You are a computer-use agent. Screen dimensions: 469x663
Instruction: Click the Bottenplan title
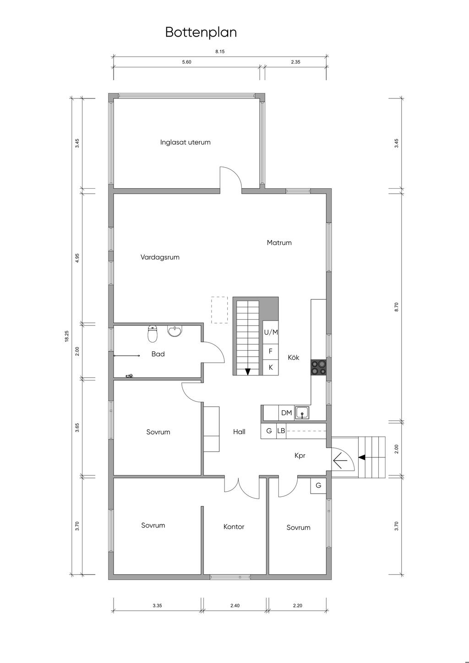(201, 32)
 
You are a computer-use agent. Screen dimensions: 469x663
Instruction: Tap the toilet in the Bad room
(152, 334)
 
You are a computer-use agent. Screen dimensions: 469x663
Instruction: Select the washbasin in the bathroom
(175, 331)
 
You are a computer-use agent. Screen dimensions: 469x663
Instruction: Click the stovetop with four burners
(318, 367)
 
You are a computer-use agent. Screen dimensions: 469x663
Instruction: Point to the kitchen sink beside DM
(302, 413)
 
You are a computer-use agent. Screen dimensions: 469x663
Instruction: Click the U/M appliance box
(271, 332)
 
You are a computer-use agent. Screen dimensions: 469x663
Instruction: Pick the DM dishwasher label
(286, 413)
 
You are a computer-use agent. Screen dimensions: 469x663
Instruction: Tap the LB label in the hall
(281, 431)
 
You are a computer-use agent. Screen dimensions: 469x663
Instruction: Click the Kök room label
(294, 357)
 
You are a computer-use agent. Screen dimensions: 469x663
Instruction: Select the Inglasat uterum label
(185, 142)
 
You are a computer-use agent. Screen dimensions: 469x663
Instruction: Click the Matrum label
(279, 243)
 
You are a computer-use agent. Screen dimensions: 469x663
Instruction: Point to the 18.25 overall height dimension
(66, 337)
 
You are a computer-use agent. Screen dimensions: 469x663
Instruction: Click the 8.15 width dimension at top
(220, 51)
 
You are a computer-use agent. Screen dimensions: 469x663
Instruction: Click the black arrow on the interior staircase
(248, 371)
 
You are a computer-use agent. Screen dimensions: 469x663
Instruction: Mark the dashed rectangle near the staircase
(219, 310)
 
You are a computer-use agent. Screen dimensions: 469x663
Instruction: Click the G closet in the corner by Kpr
(318, 485)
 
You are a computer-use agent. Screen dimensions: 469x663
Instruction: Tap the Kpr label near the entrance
(300, 456)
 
